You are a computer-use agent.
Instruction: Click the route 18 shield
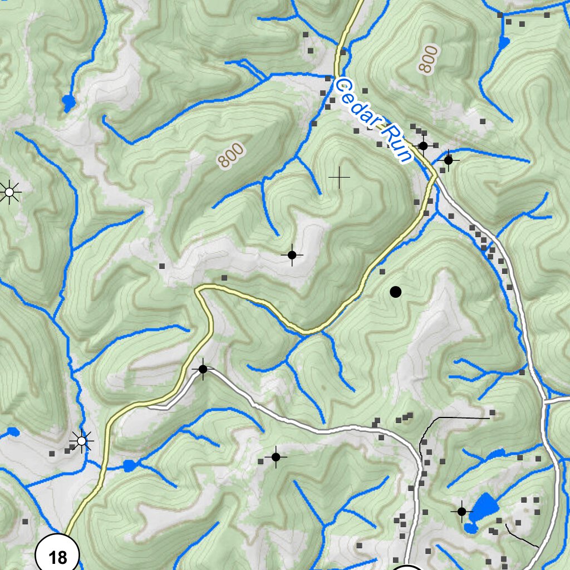57,556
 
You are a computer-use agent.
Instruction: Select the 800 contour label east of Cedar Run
427,60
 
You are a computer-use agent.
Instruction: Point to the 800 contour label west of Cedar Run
231,155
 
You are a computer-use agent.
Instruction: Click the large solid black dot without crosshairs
395,292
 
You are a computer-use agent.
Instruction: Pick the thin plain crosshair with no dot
339,178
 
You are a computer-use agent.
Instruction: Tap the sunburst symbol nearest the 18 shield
82,441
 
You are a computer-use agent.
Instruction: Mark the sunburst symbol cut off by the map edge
8,192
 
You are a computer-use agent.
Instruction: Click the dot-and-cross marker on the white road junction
203,369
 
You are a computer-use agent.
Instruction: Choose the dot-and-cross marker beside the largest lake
461,510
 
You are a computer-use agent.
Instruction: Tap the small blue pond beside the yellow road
129,465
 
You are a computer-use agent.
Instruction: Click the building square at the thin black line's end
493,412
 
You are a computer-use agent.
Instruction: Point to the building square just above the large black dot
382,272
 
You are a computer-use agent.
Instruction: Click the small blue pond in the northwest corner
68,102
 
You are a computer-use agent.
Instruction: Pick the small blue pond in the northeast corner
504,42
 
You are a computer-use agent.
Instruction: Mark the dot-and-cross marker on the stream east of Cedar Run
448,160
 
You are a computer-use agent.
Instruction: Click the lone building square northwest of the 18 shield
24,522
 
